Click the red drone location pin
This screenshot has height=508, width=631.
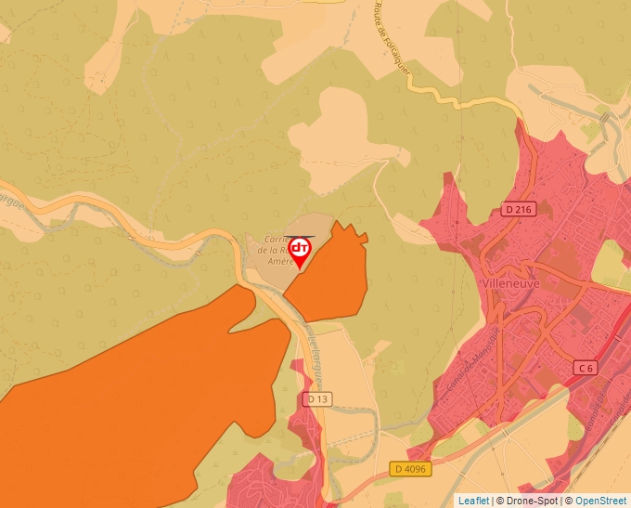(x=300, y=250)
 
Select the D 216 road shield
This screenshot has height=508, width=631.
(x=519, y=210)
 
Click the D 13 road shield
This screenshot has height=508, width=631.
(x=316, y=399)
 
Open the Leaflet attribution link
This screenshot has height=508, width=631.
(x=473, y=501)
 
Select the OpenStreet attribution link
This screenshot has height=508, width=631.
(x=602, y=501)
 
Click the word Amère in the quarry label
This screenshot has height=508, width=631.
(x=279, y=262)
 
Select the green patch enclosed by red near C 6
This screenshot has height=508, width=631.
(x=612, y=266)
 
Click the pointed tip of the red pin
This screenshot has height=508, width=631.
(x=300, y=269)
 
